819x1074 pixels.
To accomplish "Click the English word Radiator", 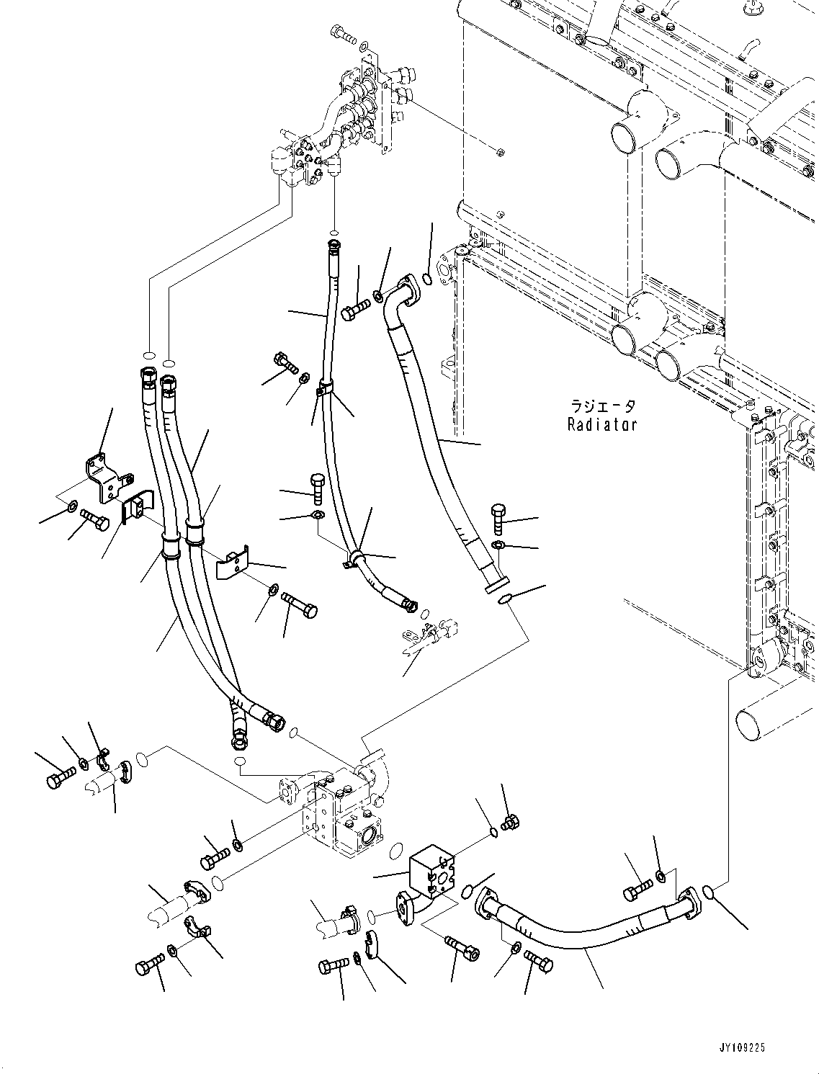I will pos(601,425).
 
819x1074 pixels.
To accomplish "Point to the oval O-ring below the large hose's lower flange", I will pos(506,597).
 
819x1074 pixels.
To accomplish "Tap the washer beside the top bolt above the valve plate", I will pos(364,48).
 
